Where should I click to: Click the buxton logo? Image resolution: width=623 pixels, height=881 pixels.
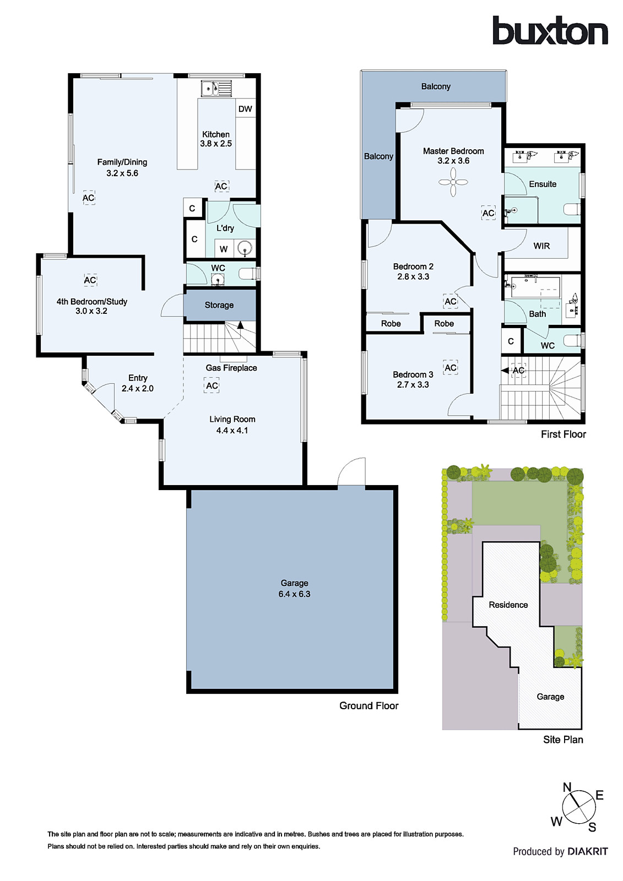pyautogui.click(x=550, y=31)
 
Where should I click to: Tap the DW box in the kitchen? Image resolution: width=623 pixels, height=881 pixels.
pyautogui.click(x=245, y=109)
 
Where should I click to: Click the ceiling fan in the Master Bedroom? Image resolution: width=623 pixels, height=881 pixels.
pyautogui.click(x=453, y=182)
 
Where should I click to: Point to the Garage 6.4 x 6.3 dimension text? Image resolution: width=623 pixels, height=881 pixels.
pyautogui.click(x=294, y=594)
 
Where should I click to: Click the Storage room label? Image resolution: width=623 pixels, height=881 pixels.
pyautogui.click(x=219, y=305)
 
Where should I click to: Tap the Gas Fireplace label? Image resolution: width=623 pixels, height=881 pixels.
pyautogui.click(x=231, y=368)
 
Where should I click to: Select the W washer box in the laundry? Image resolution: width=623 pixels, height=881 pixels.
pyautogui.click(x=224, y=249)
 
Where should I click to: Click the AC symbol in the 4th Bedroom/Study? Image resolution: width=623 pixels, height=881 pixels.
pyautogui.click(x=90, y=280)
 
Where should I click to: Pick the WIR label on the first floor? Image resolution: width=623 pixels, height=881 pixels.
pyautogui.click(x=541, y=246)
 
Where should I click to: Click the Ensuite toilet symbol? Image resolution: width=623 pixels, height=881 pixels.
pyautogui.click(x=572, y=209)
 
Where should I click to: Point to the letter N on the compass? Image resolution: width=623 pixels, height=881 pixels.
pyautogui.click(x=567, y=787)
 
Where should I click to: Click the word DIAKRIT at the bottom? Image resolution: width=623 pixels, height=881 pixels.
pyautogui.click(x=588, y=851)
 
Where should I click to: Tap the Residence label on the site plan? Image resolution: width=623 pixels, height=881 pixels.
pyautogui.click(x=508, y=605)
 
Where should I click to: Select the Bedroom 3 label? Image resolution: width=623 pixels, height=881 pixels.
pyautogui.click(x=413, y=374)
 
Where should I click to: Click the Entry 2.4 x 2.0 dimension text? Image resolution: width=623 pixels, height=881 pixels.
pyautogui.click(x=138, y=388)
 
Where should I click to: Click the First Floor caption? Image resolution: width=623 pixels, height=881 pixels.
pyautogui.click(x=563, y=434)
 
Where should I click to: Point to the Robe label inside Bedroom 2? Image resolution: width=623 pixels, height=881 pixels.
pyautogui.click(x=391, y=324)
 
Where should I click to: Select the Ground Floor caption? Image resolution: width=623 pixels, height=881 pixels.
pyautogui.click(x=369, y=706)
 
